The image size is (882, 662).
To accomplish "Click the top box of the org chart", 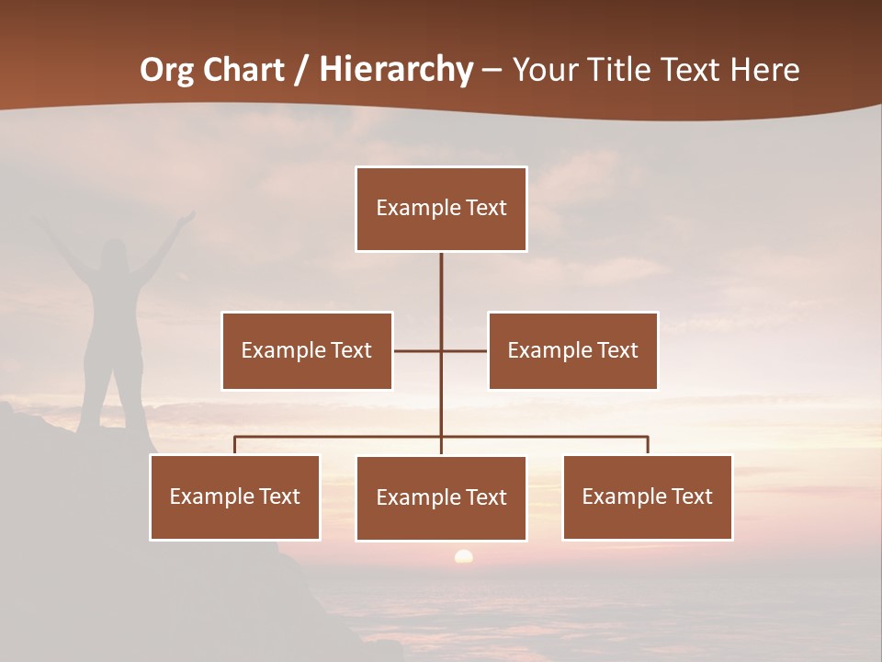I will coord(441,209).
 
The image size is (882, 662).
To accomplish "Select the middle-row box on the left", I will coord(307,350).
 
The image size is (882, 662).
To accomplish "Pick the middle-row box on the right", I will coord(572,350).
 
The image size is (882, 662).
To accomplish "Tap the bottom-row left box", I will coord(234,496).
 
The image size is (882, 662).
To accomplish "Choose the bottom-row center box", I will coord(441,497).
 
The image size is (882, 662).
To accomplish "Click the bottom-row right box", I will coord(647,496).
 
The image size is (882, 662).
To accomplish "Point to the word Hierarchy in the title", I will coord(396,70).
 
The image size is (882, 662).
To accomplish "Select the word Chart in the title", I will coord(243,70).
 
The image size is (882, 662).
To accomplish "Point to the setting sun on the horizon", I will coord(463,556).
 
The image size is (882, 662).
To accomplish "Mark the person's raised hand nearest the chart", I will coord(187,218).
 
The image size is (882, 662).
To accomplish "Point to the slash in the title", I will coord(300,71).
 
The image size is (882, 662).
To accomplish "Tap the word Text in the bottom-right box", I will coord(691,496).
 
